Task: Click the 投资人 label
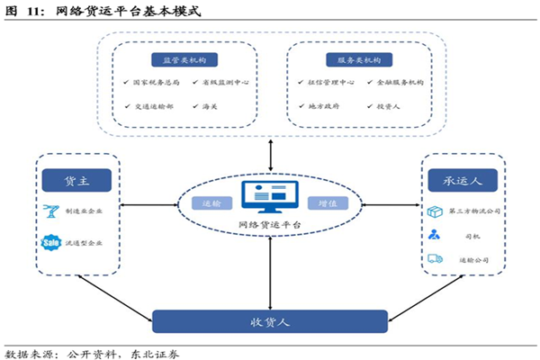389,106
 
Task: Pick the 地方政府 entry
323,106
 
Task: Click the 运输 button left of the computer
211,203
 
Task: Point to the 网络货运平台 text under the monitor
270,225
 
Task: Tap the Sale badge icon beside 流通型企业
51,242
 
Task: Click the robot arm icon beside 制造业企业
51,211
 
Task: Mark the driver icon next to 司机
435,235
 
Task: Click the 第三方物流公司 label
474,211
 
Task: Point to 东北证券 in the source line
155,353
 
